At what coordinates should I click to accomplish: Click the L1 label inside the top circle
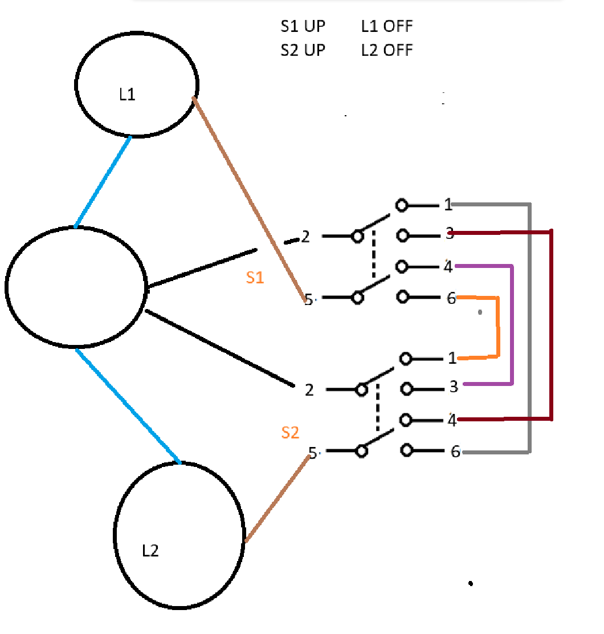point(127,95)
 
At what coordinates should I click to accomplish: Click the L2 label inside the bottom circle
point(150,551)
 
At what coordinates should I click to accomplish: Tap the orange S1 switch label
point(255,278)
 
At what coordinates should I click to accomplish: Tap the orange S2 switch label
point(290,433)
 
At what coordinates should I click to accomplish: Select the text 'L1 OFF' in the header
point(387,26)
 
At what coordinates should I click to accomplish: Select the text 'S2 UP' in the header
point(303,50)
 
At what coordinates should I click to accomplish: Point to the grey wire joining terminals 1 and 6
point(530,331)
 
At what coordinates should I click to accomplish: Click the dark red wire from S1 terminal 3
point(551,325)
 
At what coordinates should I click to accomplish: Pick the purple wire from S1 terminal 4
point(512,325)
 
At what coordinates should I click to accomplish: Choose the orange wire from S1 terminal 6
point(498,328)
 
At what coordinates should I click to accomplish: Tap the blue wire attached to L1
point(103,181)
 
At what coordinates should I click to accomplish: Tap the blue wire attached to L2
point(128,405)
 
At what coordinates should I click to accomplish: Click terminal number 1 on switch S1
point(448,205)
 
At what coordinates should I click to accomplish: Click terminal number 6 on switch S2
point(455,452)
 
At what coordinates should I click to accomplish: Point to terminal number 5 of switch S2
point(312,453)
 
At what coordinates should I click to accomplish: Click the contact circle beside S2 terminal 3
point(407,389)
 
